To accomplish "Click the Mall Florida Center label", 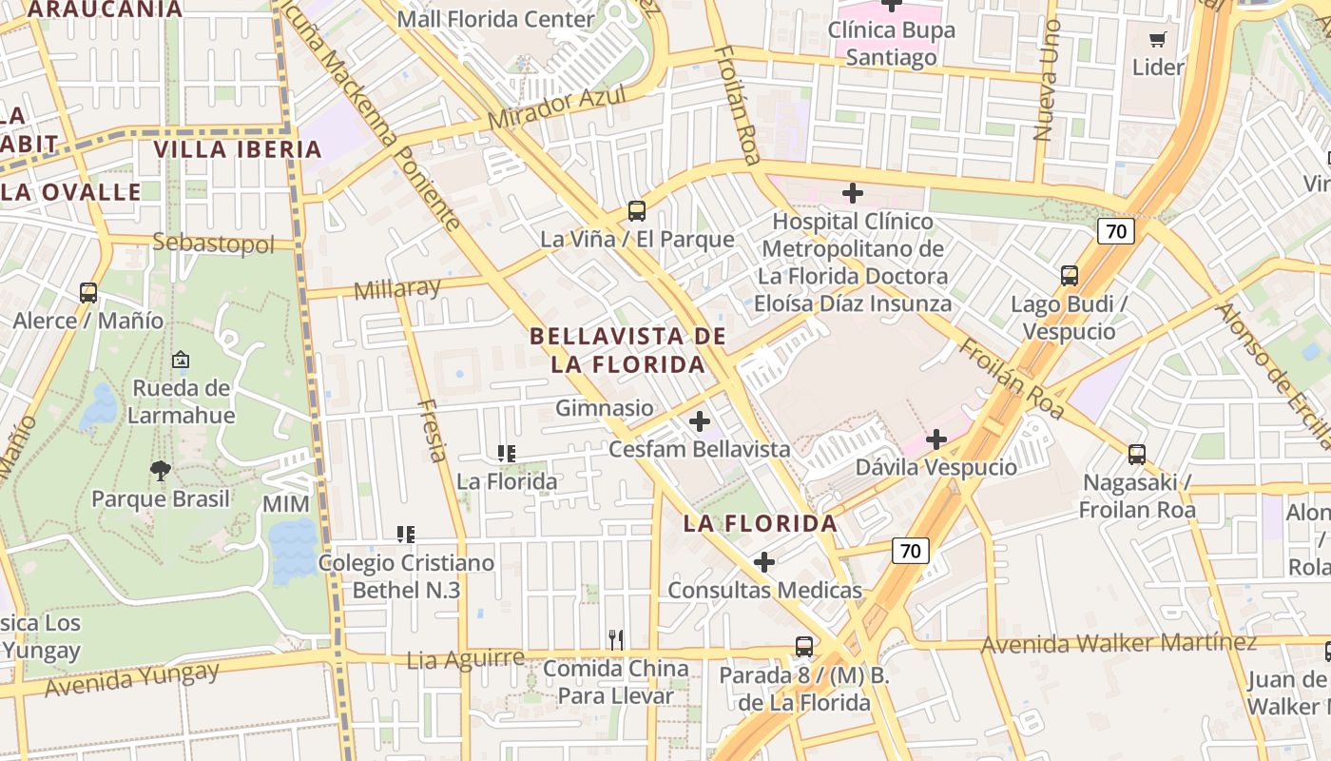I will point(495,19).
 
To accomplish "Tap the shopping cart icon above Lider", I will point(1157,40).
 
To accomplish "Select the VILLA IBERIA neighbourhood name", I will point(238,149).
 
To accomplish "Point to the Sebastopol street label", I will point(213,243).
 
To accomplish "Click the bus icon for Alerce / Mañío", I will point(88,293).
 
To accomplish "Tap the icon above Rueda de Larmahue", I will point(181,360).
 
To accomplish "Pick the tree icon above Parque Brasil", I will point(161,470).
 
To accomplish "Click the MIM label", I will point(286,504).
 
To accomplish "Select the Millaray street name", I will point(397,288).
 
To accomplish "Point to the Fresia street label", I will point(433,430).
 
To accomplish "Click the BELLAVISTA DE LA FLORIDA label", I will point(627,350).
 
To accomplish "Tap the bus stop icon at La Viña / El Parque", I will point(637,211).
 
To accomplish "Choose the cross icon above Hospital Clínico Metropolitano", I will point(853,193).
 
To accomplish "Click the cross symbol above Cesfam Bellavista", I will point(700,421).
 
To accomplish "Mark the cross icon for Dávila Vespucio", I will point(936,439).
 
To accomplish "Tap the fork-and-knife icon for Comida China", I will point(616,640).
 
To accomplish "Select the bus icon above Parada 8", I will point(804,647).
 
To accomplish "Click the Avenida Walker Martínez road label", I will point(1119,643).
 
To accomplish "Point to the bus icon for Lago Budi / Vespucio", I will point(1070,276).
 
